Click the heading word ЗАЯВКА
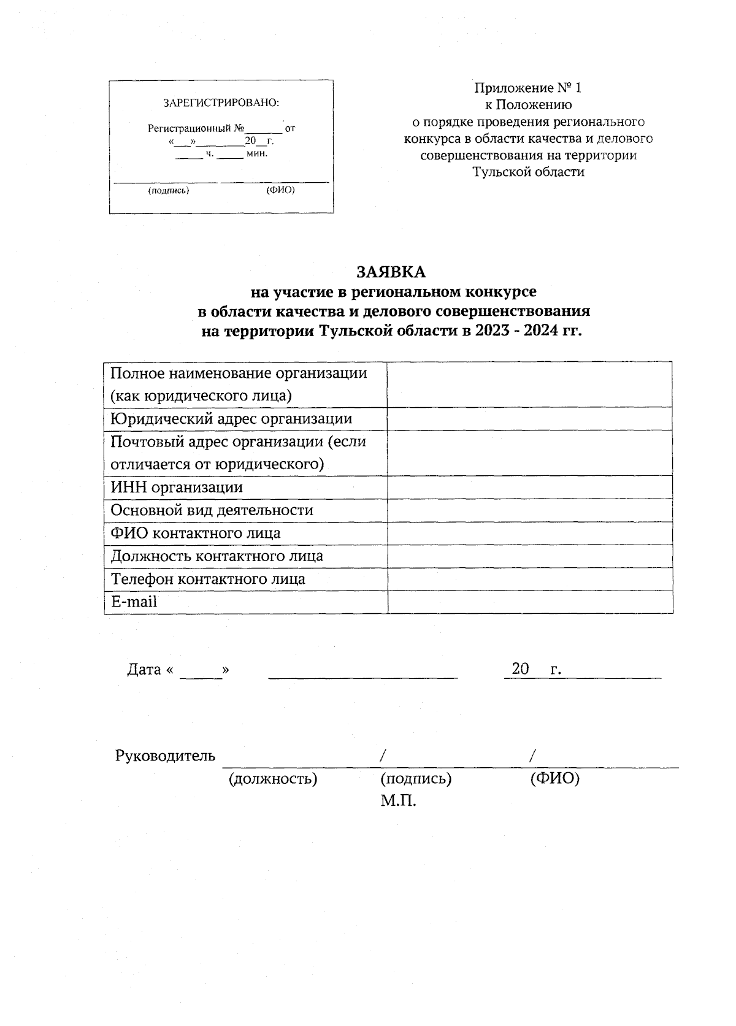pos(391,271)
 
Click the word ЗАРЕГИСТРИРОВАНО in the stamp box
pos(221,103)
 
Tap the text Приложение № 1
pos(528,88)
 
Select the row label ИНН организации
pos(177,488)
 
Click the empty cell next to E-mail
pos(530,602)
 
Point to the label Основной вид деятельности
pos(212,510)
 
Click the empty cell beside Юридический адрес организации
pos(530,419)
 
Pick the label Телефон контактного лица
pos(208,579)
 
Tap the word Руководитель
pos(165,756)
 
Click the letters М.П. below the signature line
pos(398,801)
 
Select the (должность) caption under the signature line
pos(272,779)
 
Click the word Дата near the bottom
pos(144,669)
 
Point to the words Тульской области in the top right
pos(528,172)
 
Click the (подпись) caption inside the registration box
pos(169,191)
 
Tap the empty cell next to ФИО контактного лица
pos(530,534)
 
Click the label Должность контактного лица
pos(217,556)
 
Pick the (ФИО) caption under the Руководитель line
pos(554,779)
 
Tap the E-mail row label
pos(134,602)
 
